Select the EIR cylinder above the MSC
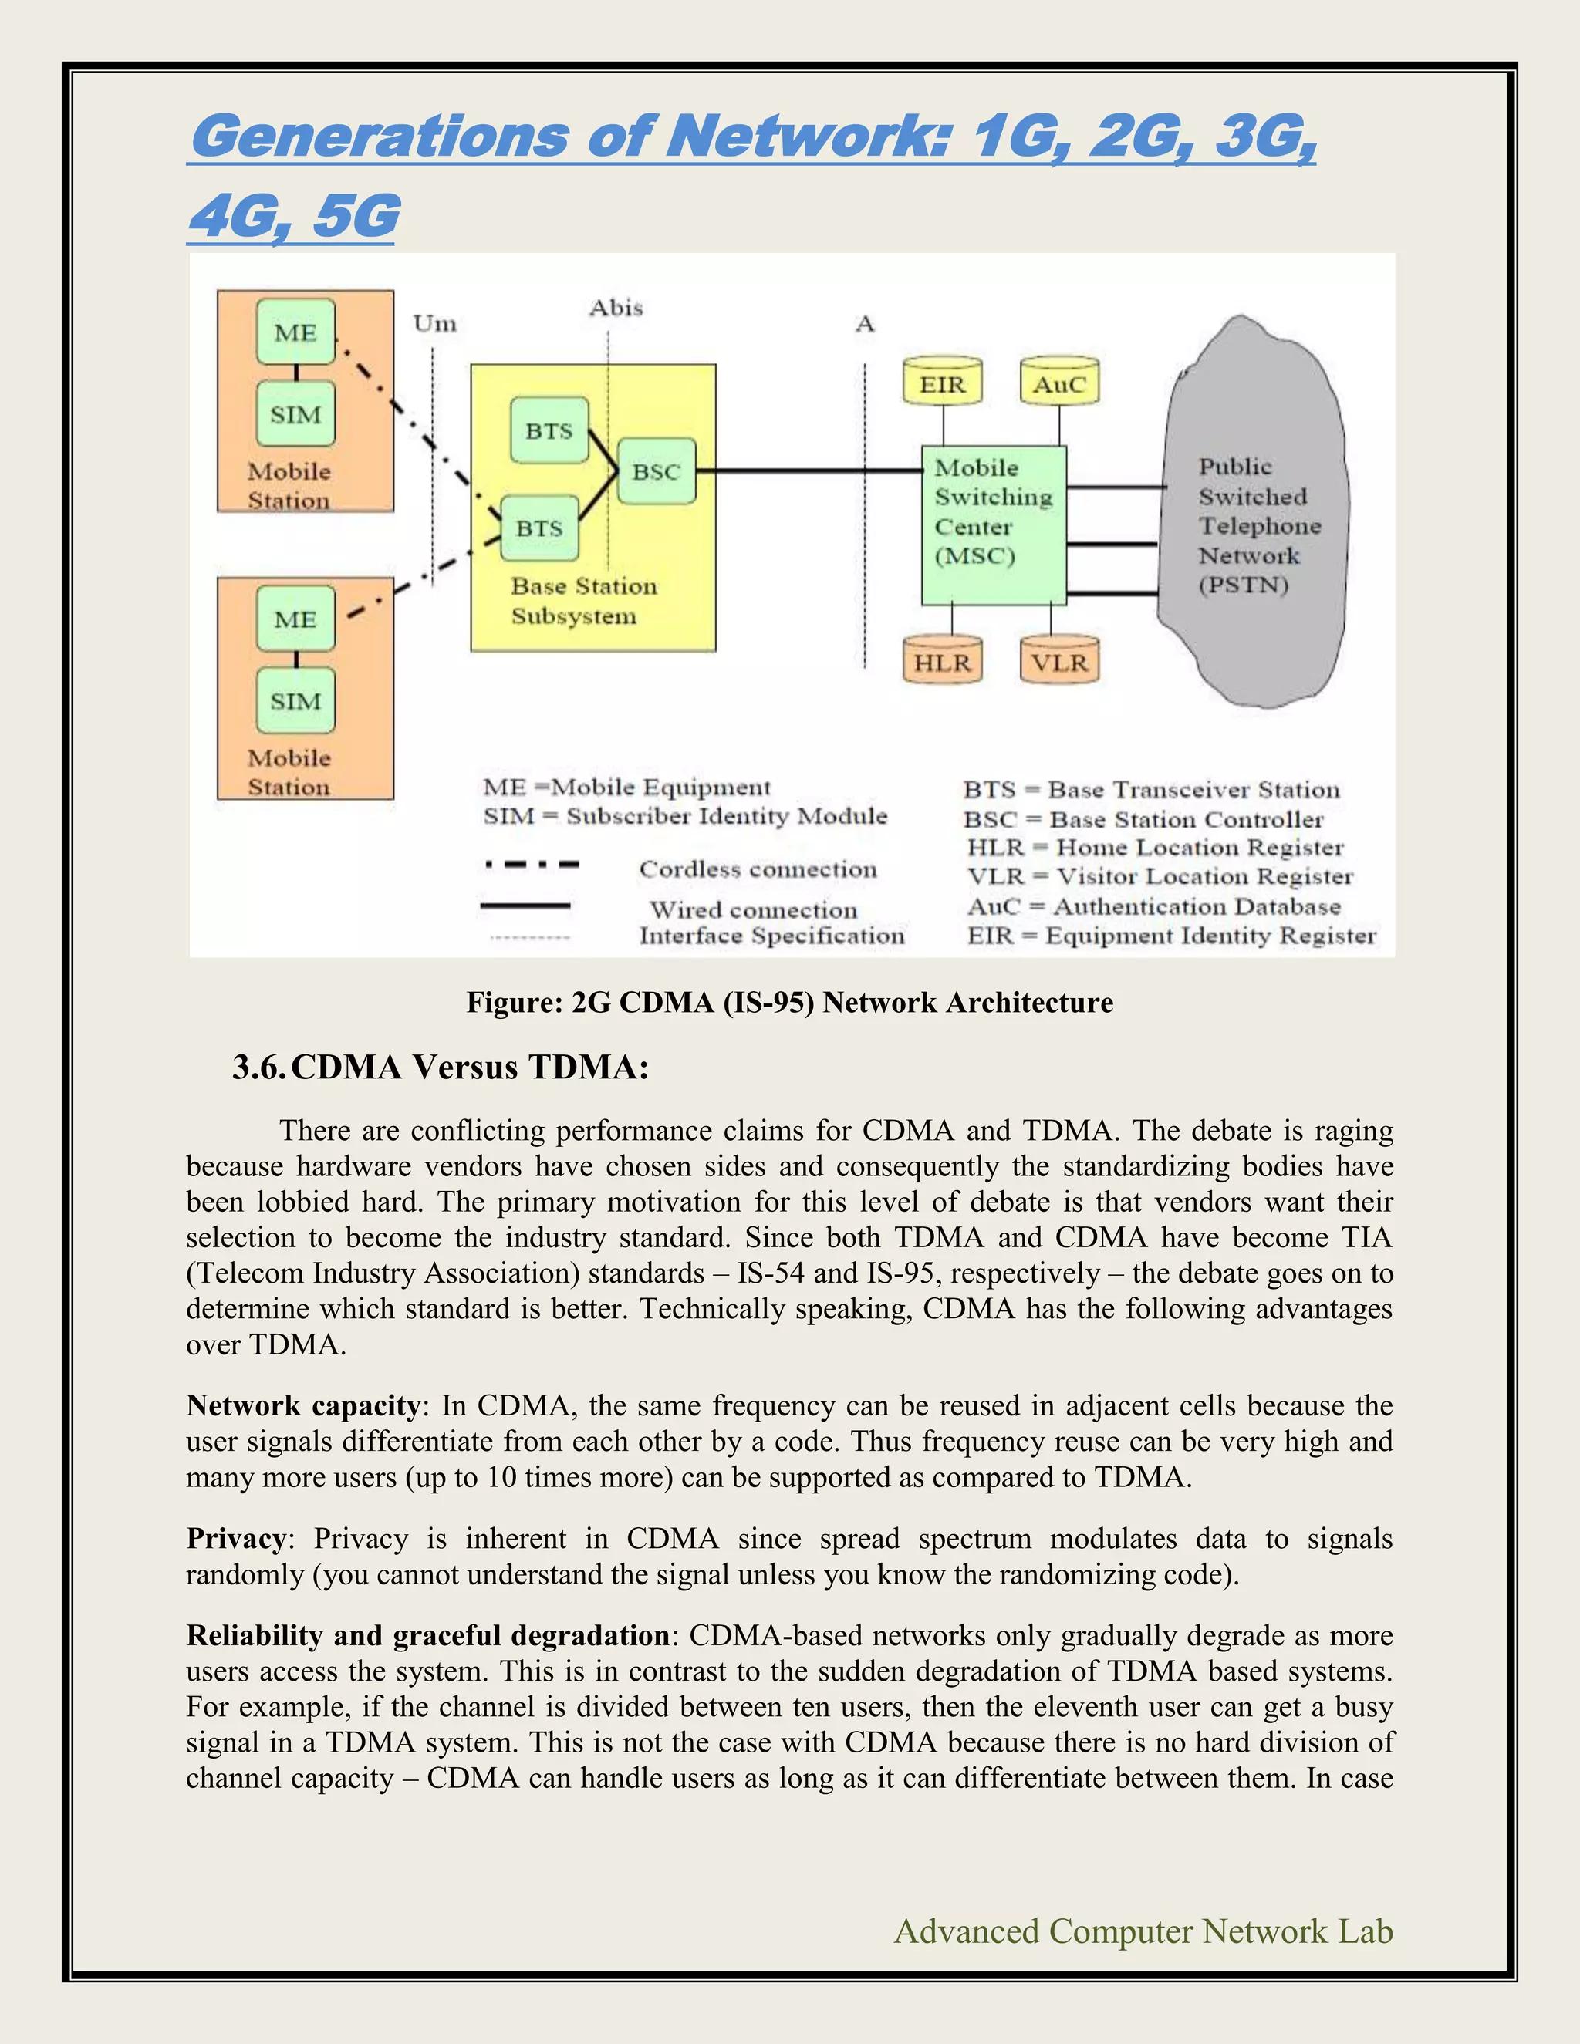tap(943, 383)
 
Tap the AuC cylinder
tap(1058, 383)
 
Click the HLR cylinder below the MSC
tap(943, 662)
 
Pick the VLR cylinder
tap(1058, 662)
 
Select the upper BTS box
tap(549, 430)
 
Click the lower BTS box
tap(539, 528)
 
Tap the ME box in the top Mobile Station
tap(295, 332)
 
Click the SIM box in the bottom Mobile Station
tap(295, 701)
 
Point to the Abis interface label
tap(616, 308)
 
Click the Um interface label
tap(435, 324)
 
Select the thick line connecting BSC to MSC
tap(805, 471)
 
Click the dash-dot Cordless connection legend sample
tap(532, 865)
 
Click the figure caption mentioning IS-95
tap(790, 1003)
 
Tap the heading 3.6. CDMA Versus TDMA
tap(440, 1067)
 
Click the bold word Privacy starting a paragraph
tap(236, 1539)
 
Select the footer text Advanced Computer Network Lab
tap(1143, 1931)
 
